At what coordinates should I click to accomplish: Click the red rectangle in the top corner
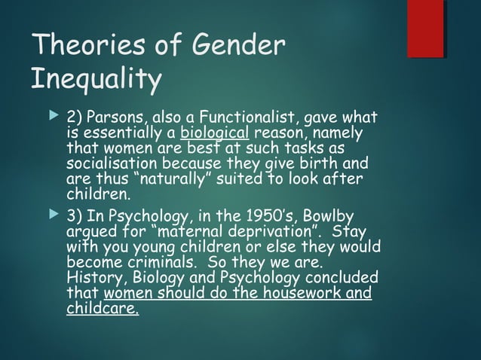point(425,29)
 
